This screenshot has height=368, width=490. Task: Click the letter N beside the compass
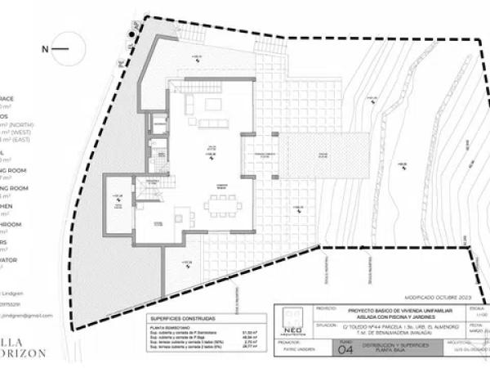tap(46, 49)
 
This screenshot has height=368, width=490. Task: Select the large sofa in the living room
tap(189, 105)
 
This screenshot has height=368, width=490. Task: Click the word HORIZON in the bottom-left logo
tap(24, 353)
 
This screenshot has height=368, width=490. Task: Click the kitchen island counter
tap(180, 218)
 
